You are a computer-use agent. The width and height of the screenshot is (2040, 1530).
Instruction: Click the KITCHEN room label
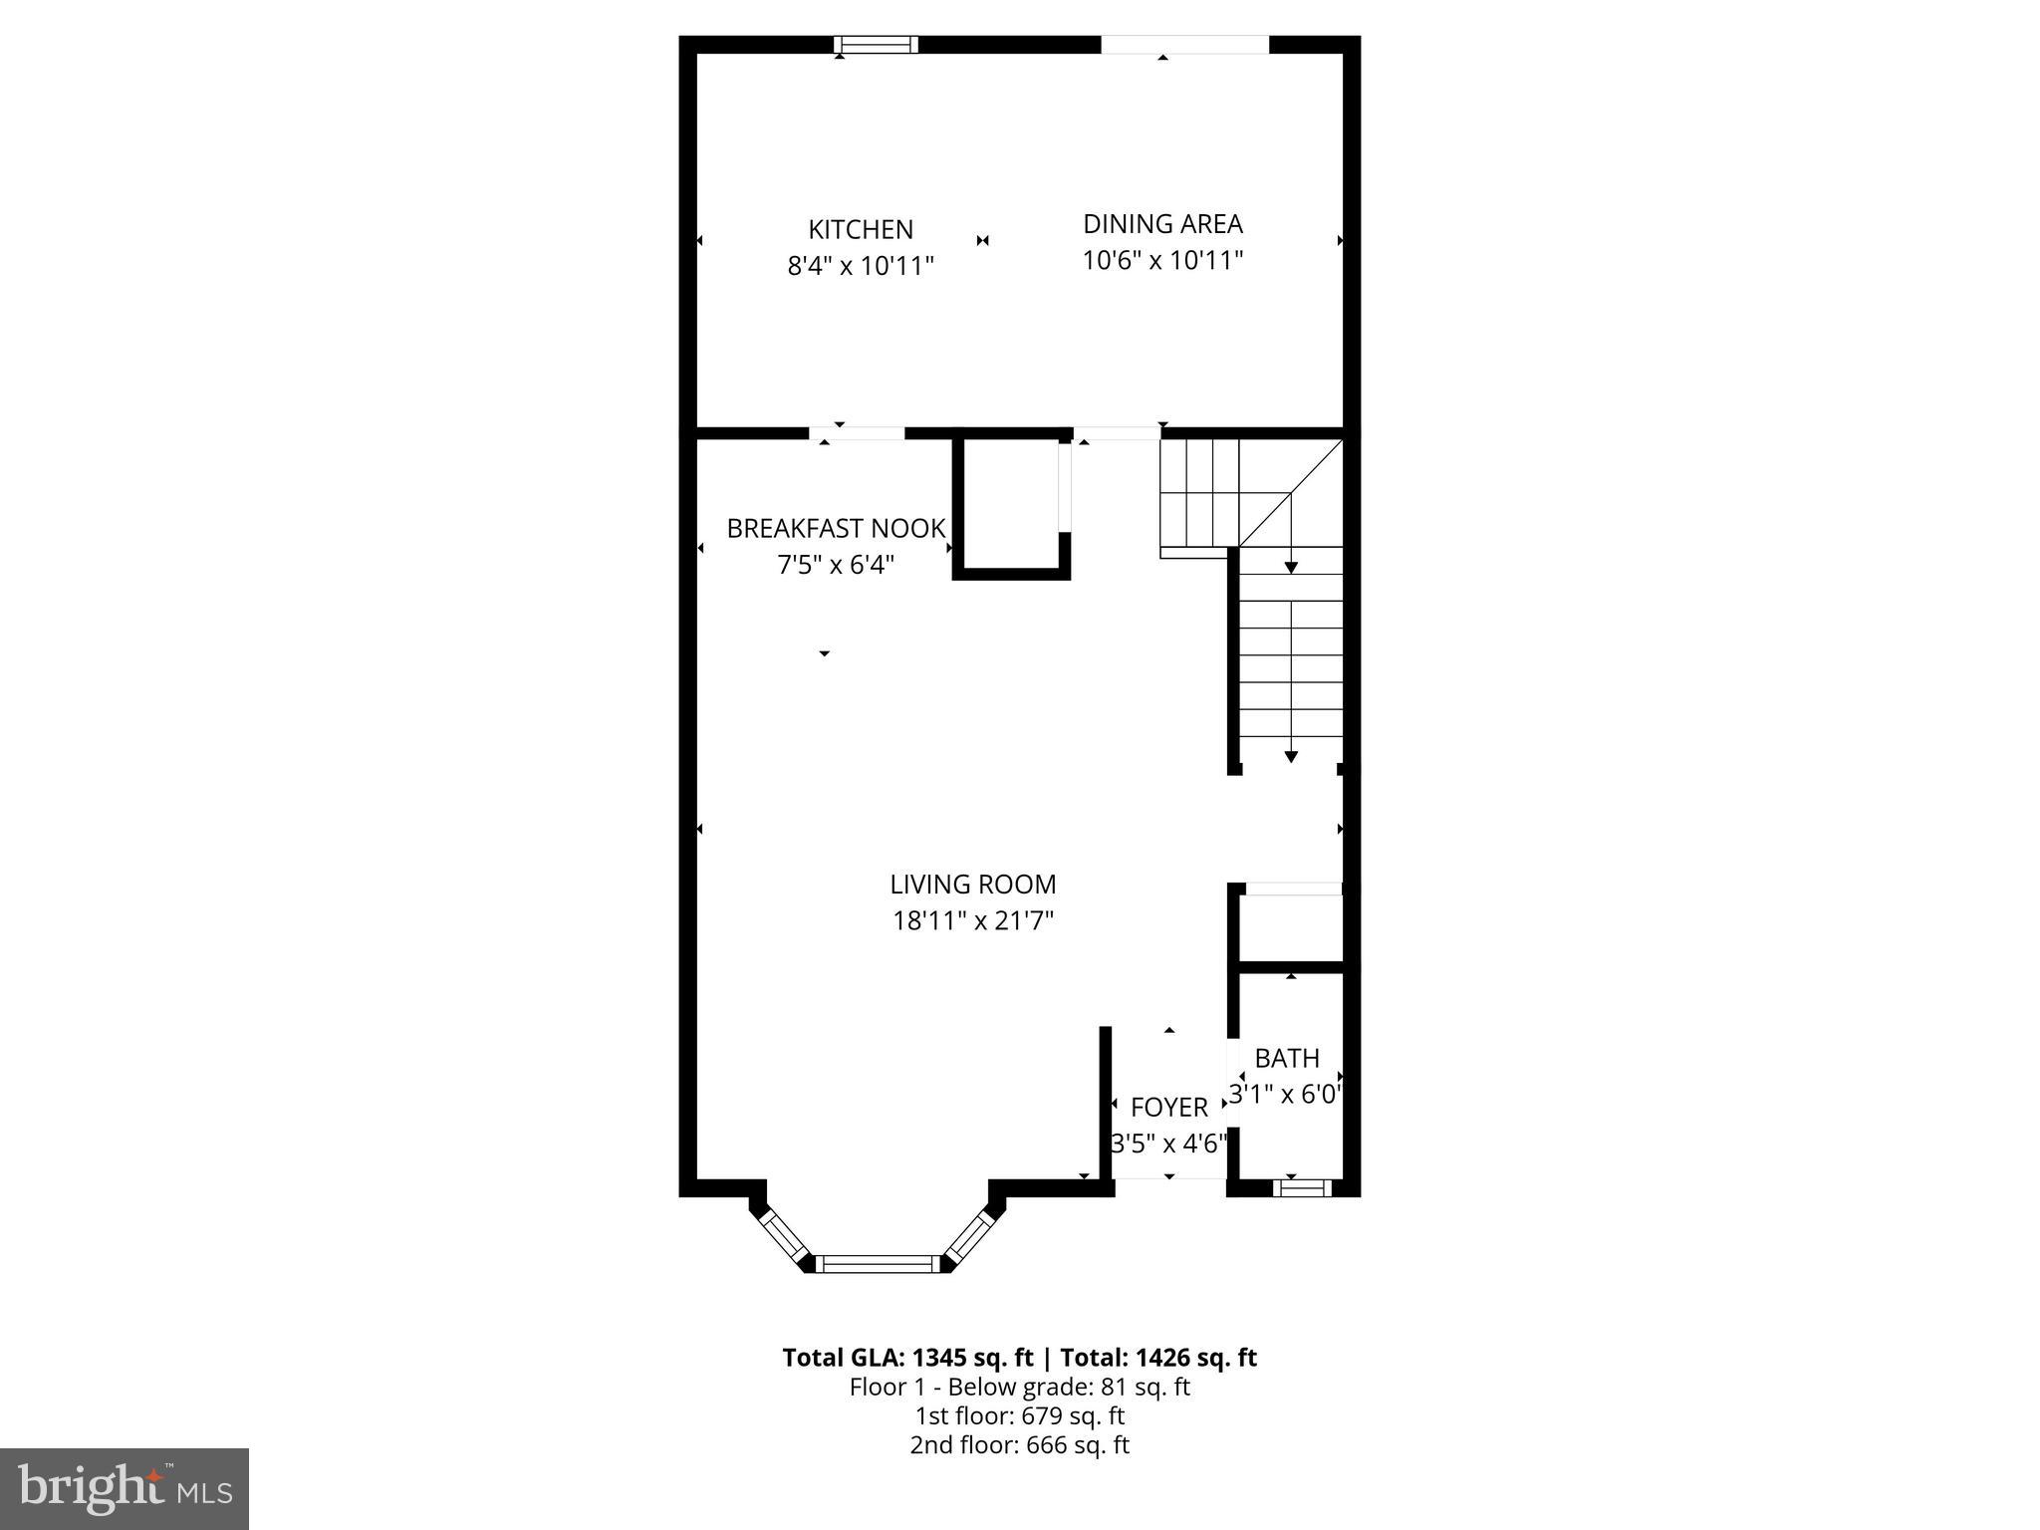(x=860, y=229)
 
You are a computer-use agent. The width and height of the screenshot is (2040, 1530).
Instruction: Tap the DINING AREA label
(x=1162, y=224)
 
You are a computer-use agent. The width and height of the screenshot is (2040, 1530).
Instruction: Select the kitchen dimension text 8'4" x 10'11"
(x=861, y=266)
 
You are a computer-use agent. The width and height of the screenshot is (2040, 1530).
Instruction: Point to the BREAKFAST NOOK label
(x=835, y=528)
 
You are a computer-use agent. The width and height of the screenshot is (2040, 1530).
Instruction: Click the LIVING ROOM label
(x=972, y=884)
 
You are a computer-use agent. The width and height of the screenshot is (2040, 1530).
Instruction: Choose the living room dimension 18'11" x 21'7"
(x=972, y=920)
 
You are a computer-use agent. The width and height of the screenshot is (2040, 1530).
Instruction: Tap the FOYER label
(x=1168, y=1107)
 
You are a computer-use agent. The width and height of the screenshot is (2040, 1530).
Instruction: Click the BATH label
(x=1286, y=1058)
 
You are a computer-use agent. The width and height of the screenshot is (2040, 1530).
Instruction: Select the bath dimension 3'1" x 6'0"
(x=1286, y=1095)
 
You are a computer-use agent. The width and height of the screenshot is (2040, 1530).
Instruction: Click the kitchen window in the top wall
(x=876, y=44)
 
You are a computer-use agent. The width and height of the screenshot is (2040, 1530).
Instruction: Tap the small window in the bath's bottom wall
(x=1302, y=1187)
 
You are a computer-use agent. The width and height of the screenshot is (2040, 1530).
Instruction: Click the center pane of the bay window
(x=879, y=1264)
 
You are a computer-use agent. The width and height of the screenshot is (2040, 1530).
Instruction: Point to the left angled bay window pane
(x=782, y=1235)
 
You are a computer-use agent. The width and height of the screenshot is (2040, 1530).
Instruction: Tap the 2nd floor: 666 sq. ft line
(x=1019, y=1445)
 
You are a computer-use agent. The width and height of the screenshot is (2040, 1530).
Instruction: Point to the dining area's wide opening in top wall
(x=1184, y=44)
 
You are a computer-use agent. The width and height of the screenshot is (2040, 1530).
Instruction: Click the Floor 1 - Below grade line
(x=1019, y=1387)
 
